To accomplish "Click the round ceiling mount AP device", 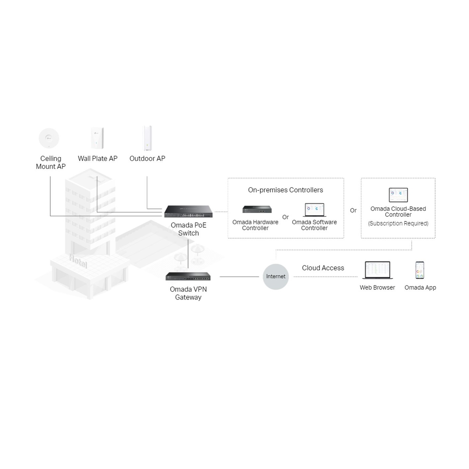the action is tap(49, 138).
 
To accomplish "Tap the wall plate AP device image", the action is tap(97, 138).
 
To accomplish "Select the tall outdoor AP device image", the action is tap(147, 138).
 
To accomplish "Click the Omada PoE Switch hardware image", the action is tap(188, 211).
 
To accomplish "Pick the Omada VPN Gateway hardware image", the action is tap(188, 276).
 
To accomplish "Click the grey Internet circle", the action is tap(275, 276).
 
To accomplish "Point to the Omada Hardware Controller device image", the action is tap(257, 209).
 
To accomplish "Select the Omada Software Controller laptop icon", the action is tap(314, 210).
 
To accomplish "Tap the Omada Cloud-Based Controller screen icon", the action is tap(398, 195).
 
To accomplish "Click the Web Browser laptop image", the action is tap(377, 270).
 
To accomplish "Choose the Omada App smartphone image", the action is tap(420, 270).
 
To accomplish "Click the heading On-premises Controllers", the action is tap(285, 190).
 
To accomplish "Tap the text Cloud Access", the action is tap(323, 268).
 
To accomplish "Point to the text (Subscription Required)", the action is tap(398, 223).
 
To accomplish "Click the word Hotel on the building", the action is tap(78, 261).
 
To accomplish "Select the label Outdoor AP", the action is tap(147, 158).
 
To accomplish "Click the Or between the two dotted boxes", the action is tap(353, 210).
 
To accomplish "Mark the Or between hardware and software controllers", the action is tap(285, 217).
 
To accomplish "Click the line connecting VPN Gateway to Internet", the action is tap(239, 276).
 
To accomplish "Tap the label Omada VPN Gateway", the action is tap(188, 293).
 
